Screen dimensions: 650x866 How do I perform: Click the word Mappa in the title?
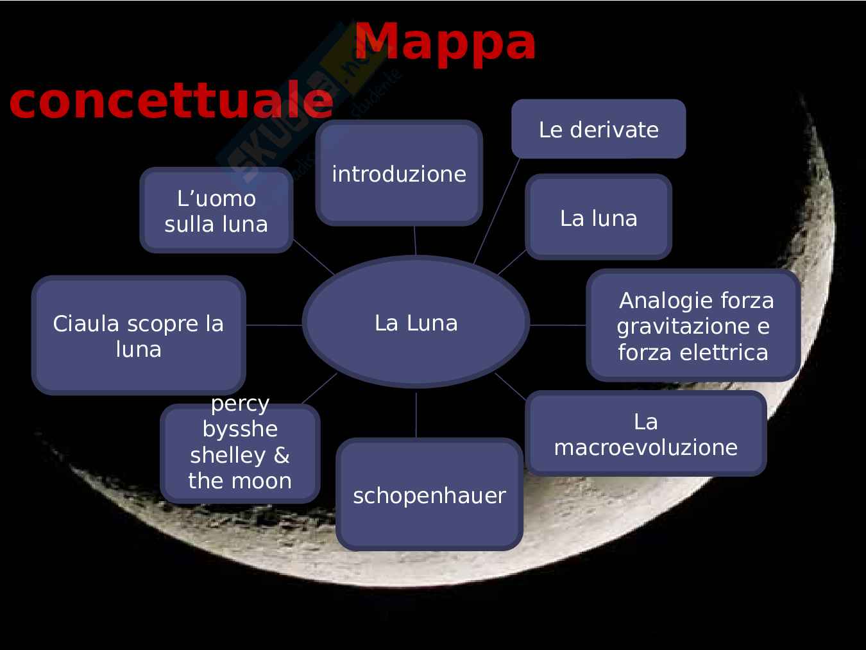coord(445,42)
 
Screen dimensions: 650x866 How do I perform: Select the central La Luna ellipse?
coord(416,322)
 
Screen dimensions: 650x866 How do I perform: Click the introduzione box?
coord(398,173)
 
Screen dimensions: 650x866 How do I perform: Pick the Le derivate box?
coord(598,129)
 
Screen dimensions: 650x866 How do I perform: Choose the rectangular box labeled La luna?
coord(598,218)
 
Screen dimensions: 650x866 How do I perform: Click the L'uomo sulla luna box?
coord(216,210)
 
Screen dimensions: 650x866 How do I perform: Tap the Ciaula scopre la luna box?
coord(138,336)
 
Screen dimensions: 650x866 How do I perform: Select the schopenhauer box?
coord(429,495)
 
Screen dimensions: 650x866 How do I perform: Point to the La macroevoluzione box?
coord(645,434)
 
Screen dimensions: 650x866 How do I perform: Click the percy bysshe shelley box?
coord(239,453)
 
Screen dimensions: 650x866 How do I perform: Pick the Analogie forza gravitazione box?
coord(693,325)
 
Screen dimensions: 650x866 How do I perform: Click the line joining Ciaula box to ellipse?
coord(274,325)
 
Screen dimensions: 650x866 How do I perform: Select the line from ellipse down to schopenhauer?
coord(416,414)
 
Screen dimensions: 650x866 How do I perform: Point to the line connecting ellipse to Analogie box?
coord(557,325)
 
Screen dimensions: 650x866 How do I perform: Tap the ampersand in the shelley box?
coord(281,455)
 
